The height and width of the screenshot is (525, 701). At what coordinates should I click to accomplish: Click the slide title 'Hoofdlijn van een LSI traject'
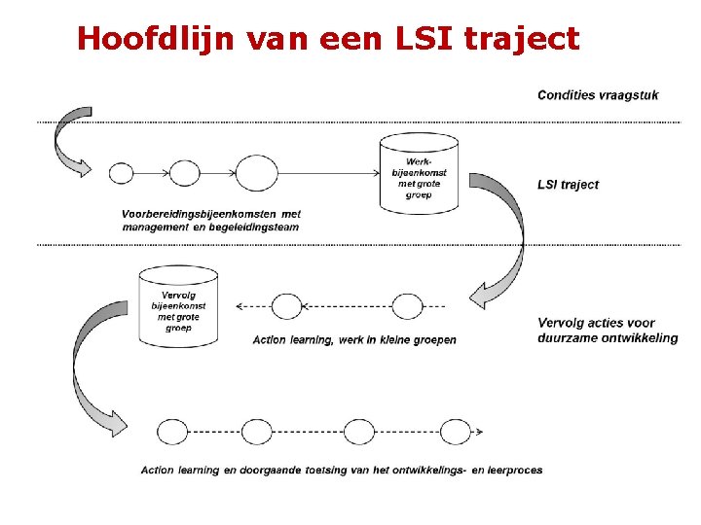(x=327, y=38)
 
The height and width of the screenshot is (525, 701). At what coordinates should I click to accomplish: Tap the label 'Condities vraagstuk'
(x=598, y=94)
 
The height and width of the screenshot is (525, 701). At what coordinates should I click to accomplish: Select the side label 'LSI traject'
(x=568, y=185)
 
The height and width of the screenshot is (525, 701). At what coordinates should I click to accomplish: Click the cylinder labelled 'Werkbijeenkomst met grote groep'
(x=419, y=173)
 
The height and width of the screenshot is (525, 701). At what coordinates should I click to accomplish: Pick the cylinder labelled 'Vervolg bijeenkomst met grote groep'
(x=178, y=306)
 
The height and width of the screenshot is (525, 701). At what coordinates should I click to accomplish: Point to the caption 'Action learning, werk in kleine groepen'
(x=354, y=340)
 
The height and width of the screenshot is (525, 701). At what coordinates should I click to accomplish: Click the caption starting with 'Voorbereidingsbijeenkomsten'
(x=210, y=221)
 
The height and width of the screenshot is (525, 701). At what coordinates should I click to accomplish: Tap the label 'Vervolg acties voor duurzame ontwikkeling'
(x=607, y=331)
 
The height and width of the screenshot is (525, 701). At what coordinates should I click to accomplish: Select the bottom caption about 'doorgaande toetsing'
(x=342, y=471)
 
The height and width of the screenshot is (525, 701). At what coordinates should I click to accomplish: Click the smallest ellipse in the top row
(x=121, y=173)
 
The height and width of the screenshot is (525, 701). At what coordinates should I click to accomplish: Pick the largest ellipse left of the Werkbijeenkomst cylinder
(x=256, y=173)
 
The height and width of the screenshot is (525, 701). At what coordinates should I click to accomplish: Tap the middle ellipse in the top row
(x=184, y=173)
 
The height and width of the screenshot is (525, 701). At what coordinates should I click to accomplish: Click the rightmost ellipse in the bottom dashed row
(x=455, y=432)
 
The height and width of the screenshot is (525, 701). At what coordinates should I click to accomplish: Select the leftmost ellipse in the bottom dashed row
(x=172, y=432)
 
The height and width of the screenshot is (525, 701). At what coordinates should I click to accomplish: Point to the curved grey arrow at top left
(x=70, y=141)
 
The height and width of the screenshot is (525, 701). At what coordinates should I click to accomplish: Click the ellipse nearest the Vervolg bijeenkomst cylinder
(x=286, y=306)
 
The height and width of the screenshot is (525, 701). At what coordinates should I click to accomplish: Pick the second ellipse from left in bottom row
(x=257, y=432)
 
